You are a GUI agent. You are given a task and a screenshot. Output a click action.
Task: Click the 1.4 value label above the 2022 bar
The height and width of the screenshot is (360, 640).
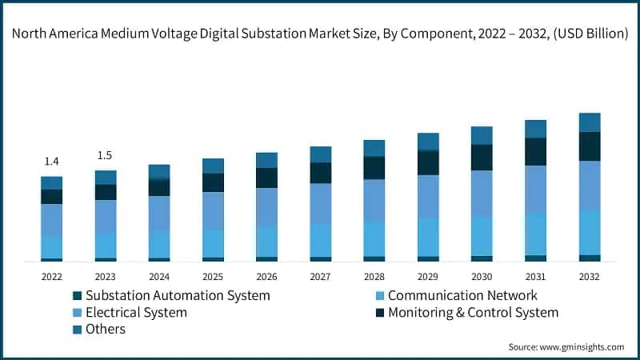point(52,162)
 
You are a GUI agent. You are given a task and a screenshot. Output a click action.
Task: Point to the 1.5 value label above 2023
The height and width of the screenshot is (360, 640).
point(106,155)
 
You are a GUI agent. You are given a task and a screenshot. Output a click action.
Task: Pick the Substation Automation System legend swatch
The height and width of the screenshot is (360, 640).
point(77,295)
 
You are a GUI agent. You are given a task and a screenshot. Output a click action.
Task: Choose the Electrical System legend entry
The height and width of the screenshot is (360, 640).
point(136,312)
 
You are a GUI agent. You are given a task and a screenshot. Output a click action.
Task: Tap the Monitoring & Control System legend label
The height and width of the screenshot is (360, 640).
point(473,312)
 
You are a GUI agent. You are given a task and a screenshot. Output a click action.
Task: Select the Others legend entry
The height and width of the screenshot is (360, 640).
point(106,329)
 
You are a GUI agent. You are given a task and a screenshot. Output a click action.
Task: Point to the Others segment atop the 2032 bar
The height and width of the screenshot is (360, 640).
point(590,122)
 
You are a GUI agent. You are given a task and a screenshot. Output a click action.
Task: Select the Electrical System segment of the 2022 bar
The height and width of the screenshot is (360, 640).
point(52,220)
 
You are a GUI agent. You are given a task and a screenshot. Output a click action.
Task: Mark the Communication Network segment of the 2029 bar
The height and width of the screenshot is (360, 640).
point(428,237)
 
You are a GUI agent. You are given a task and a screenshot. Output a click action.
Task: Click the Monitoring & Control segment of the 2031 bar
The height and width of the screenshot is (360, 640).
point(535,151)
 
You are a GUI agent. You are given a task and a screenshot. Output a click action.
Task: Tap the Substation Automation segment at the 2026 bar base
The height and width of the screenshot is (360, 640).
point(266,258)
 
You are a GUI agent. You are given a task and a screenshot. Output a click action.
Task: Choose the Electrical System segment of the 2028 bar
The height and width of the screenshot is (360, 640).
point(374,200)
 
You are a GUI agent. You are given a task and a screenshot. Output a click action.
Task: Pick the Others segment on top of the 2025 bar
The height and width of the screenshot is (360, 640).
point(213,166)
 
